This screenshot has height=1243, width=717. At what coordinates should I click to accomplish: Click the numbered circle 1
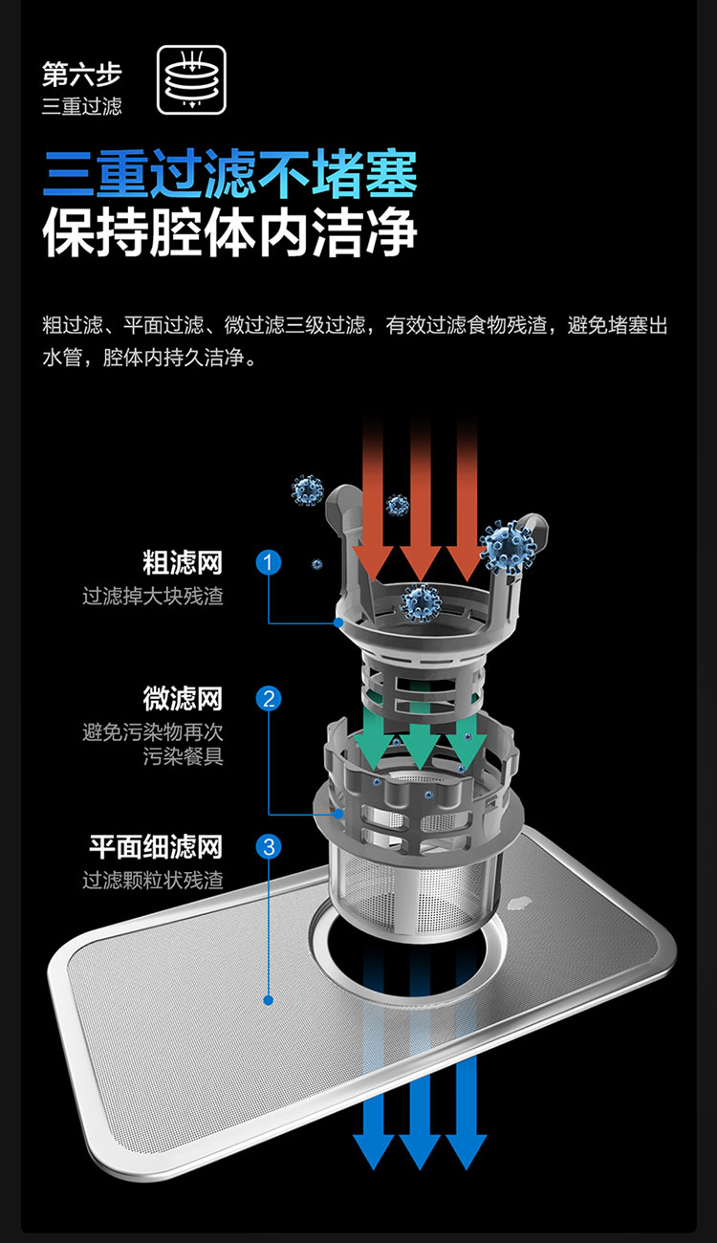tap(269, 562)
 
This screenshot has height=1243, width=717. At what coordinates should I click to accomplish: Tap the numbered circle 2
tap(269, 699)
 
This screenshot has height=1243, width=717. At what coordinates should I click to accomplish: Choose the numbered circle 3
tap(269, 846)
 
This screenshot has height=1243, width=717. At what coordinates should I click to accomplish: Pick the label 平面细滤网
tap(156, 846)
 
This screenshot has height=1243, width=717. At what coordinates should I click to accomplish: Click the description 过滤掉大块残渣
tap(152, 597)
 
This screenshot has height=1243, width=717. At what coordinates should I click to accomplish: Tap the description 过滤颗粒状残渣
tap(152, 880)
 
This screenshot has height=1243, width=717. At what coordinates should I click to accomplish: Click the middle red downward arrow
tap(420, 497)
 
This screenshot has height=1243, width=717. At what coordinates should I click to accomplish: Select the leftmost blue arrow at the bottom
tap(374, 1100)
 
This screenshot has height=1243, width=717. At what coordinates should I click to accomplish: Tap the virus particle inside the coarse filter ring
tap(421, 601)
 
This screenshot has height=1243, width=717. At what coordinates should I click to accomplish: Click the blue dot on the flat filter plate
tap(269, 1000)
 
